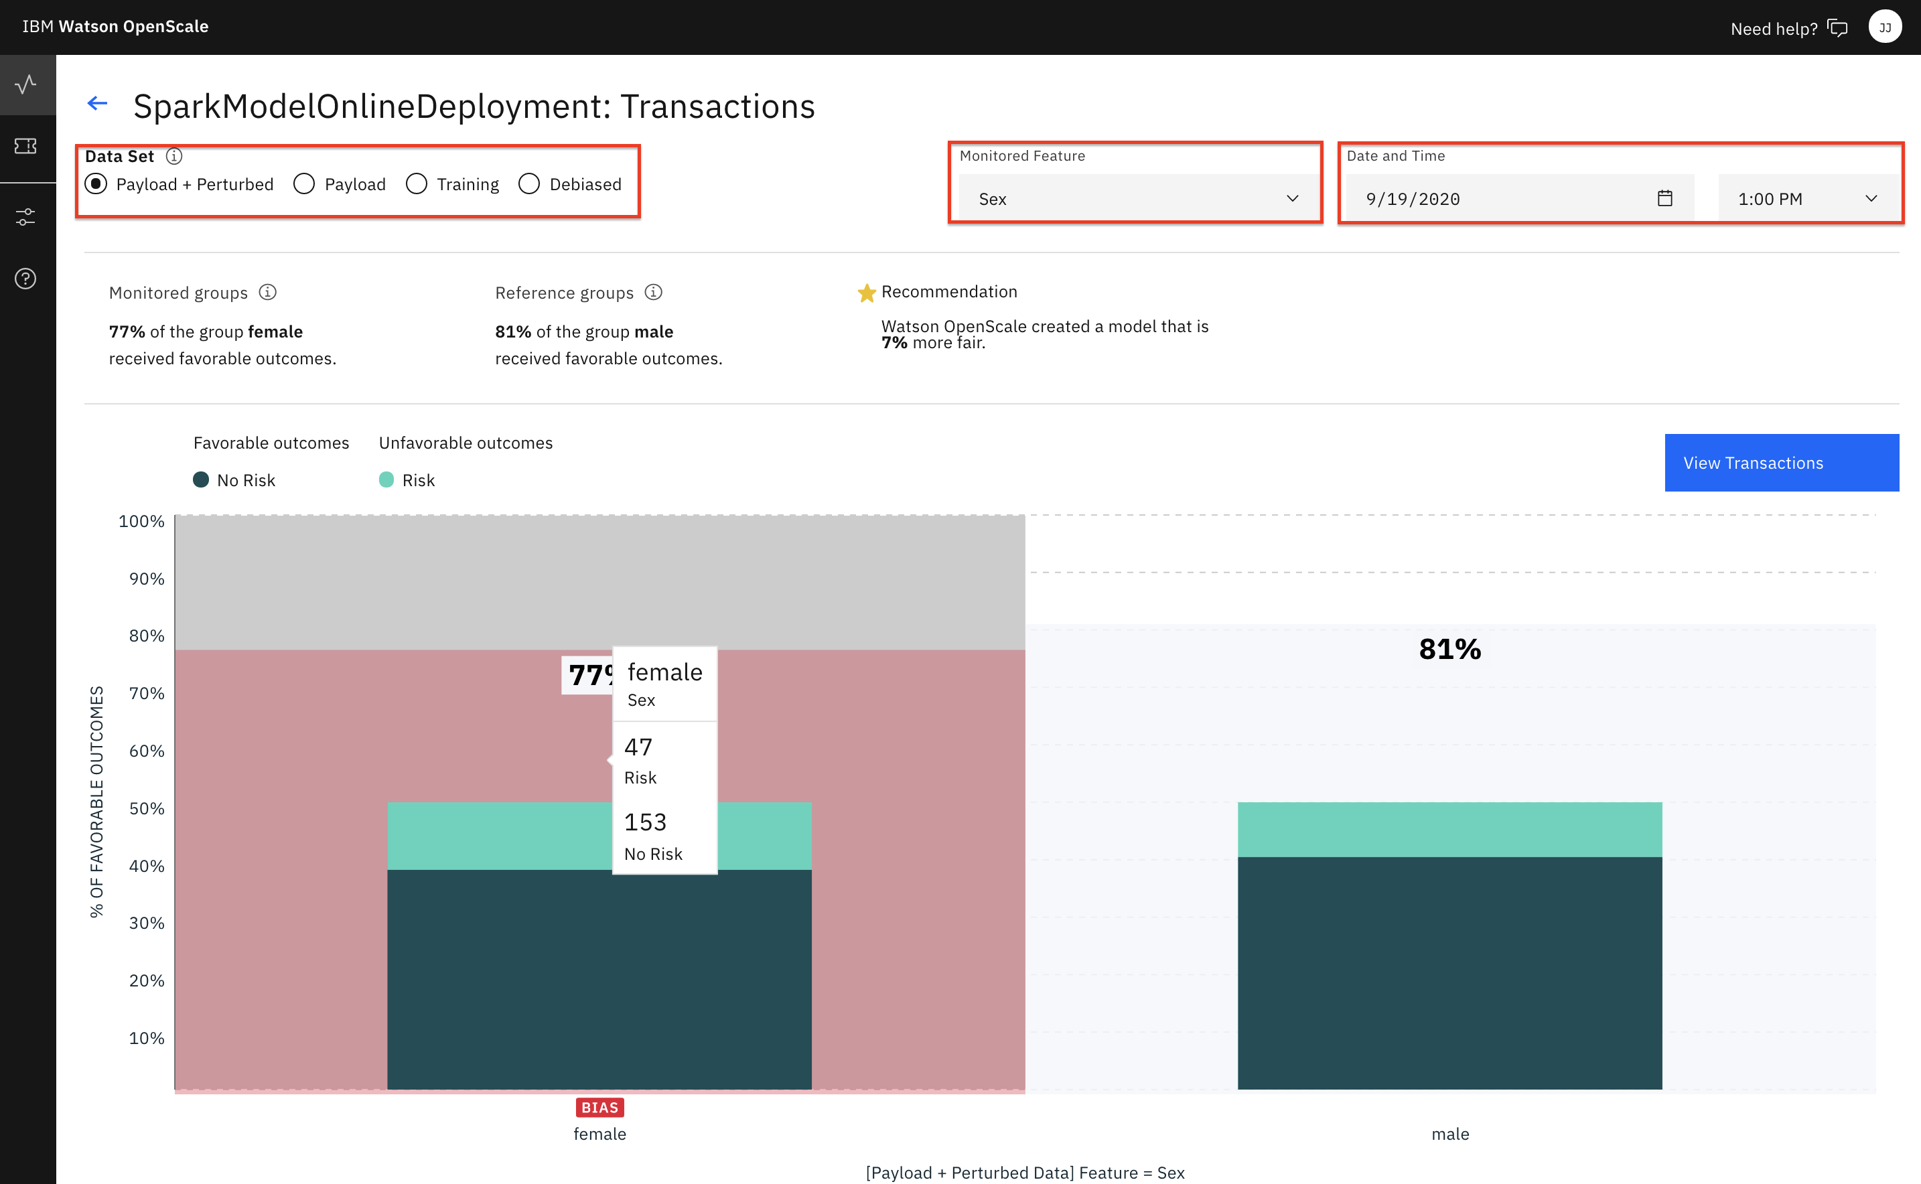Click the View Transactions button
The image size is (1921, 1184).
(x=1781, y=463)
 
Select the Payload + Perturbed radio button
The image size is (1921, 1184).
(x=96, y=184)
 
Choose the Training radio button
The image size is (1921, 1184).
(x=417, y=184)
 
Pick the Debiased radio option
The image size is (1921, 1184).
(x=529, y=184)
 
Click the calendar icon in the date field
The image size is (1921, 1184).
(x=1664, y=199)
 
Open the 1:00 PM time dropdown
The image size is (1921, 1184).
(x=1806, y=199)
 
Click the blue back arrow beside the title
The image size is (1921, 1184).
(x=97, y=103)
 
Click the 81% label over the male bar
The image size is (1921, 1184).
(x=1449, y=649)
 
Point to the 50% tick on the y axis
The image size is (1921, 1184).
(x=147, y=808)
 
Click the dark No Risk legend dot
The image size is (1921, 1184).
(x=201, y=480)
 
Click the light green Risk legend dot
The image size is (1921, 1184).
(x=386, y=480)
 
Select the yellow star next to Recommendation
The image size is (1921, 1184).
(x=866, y=293)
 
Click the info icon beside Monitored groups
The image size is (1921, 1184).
(x=268, y=292)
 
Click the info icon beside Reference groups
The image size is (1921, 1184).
(x=653, y=292)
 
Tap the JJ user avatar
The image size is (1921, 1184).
(x=1884, y=27)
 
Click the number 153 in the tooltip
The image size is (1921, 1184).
(x=645, y=822)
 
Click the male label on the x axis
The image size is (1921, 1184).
(x=1449, y=1134)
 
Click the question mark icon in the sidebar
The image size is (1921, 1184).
(x=26, y=279)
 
